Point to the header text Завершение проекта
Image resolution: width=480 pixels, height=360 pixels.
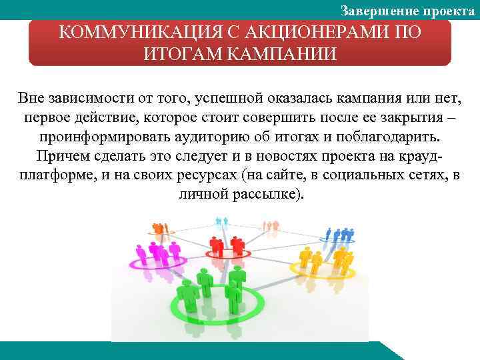point(407,10)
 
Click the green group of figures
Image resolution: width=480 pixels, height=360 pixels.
point(213,287)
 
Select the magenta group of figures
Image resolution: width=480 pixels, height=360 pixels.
point(157,253)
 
